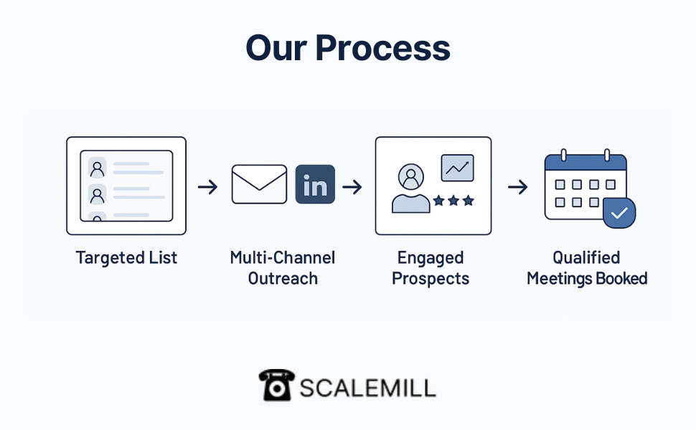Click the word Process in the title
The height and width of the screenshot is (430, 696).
(x=383, y=48)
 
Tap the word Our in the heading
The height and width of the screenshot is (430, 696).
(x=276, y=48)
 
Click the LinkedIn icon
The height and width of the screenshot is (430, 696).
(x=315, y=184)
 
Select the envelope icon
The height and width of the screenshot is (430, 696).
(x=259, y=184)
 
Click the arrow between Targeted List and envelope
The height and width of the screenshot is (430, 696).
(x=208, y=186)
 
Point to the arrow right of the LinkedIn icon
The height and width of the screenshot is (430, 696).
(x=352, y=186)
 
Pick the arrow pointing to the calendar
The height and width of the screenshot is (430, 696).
(x=517, y=186)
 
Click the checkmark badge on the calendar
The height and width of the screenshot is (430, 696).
(x=619, y=214)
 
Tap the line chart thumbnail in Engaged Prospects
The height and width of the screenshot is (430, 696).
(x=457, y=168)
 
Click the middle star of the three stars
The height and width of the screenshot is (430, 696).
(x=453, y=201)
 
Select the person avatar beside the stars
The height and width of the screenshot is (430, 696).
(x=411, y=188)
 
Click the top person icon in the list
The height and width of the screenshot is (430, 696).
(x=97, y=168)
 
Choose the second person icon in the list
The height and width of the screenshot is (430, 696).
(x=97, y=195)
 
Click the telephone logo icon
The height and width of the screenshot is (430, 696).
(x=276, y=386)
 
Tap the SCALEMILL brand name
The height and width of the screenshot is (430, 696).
(x=368, y=388)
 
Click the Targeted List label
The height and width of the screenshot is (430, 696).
(x=126, y=257)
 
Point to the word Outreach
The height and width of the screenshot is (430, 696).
(x=283, y=278)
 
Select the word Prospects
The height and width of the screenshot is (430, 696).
(x=431, y=278)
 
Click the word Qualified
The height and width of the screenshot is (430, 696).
(x=586, y=257)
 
